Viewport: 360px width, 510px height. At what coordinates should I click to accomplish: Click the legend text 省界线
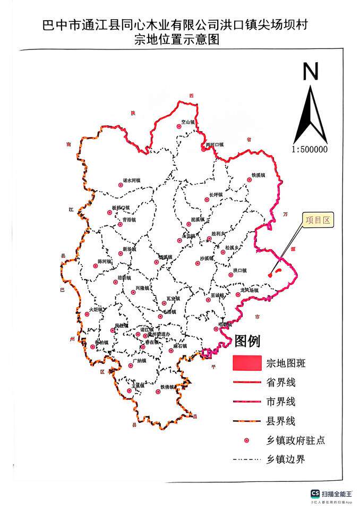pyautogui.click(x=281, y=382)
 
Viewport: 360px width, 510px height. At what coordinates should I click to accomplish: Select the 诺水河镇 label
pyautogui.click(x=132, y=181)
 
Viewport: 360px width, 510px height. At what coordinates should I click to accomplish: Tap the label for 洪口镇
pyautogui.click(x=241, y=271)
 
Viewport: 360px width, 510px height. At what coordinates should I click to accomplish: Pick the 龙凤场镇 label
pyautogui.click(x=248, y=290)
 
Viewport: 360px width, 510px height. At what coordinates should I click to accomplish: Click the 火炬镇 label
pyautogui.click(x=97, y=309)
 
